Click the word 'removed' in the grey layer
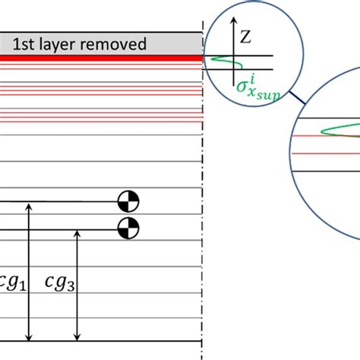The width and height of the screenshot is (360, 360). coord(116,45)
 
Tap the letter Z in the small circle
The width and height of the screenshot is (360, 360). coord(243,36)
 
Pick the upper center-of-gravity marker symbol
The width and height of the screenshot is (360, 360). coord(129,202)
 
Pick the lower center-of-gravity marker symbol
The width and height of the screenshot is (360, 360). coord(129,226)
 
